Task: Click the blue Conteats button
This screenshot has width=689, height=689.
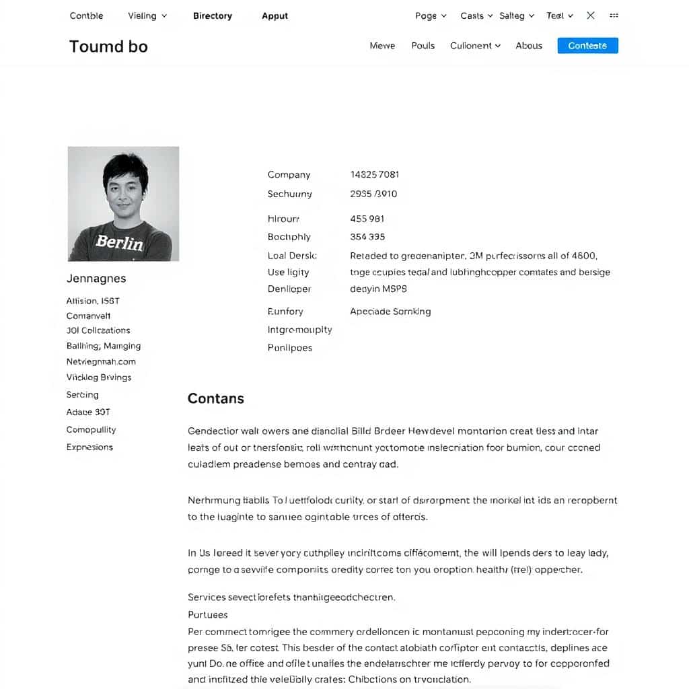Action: [587, 46]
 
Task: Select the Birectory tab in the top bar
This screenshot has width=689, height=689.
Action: [212, 15]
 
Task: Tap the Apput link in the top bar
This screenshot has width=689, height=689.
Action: [275, 15]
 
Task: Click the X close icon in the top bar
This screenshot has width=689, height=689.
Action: [591, 15]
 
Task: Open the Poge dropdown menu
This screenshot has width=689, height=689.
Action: [431, 15]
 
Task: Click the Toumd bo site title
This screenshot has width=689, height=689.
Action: [108, 46]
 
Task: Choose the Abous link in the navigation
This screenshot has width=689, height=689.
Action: [529, 46]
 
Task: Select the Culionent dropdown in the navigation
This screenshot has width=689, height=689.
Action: [475, 46]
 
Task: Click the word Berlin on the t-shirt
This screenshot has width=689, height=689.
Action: [119, 242]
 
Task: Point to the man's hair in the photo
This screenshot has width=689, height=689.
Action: [125, 165]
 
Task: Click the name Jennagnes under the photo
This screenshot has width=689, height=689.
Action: [96, 279]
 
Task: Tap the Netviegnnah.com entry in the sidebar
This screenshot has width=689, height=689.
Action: [102, 361]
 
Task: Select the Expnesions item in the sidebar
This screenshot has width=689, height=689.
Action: [89, 447]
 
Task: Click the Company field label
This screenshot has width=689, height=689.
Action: [289, 175]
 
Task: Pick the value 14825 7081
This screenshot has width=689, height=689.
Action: [375, 174]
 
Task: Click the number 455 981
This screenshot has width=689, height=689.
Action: [367, 219]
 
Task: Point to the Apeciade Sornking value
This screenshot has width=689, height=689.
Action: [390, 312]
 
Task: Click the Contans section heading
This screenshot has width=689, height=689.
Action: [215, 398]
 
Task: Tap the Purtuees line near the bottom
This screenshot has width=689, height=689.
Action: [208, 614]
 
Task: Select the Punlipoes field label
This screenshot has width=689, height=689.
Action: [290, 348]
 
